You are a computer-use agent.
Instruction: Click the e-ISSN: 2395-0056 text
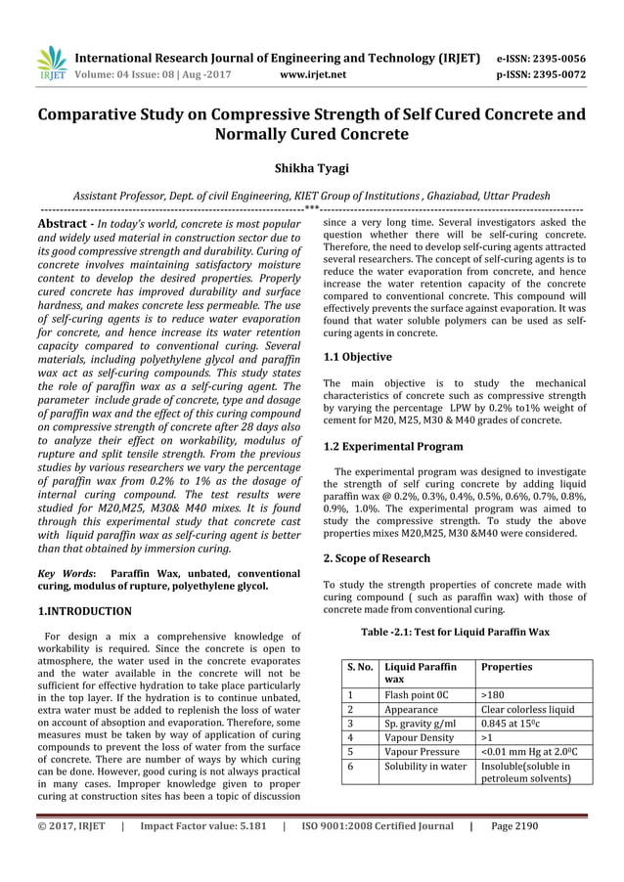point(541,58)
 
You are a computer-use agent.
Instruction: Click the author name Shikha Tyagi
point(311,169)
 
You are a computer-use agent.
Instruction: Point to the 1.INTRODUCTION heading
point(84,611)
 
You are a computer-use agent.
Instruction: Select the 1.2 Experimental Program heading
point(393,446)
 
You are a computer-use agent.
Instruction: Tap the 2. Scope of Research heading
point(377,557)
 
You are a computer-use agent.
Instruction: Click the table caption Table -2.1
point(456,632)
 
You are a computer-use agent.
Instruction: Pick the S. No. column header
point(358,666)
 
